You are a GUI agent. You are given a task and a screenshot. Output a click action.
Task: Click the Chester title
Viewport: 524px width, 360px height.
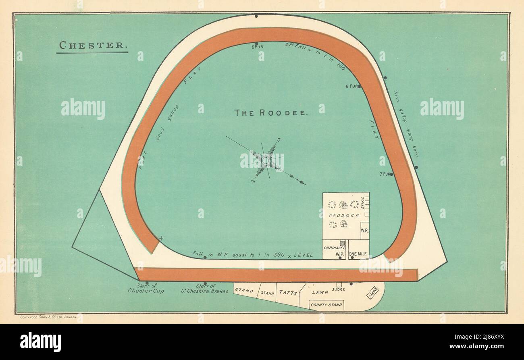pyautogui.click(x=92, y=45)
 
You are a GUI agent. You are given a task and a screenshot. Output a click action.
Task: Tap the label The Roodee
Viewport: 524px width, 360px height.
pyautogui.click(x=272, y=113)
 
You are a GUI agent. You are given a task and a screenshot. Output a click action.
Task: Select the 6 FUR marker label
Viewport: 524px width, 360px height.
pyautogui.click(x=351, y=86)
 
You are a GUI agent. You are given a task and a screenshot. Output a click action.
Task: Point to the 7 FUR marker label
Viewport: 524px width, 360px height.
pyautogui.click(x=385, y=174)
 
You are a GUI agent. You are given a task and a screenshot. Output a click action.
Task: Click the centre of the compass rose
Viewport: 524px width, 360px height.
pyautogui.click(x=265, y=160)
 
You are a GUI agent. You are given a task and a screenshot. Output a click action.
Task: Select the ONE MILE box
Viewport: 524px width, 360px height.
pyautogui.click(x=358, y=254)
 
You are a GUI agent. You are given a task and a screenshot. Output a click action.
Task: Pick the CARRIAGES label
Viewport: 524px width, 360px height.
pyautogui.click(x=334, y=247)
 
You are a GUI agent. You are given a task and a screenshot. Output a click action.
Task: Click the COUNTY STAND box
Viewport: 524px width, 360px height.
pyautogui.click(x=326, y=305)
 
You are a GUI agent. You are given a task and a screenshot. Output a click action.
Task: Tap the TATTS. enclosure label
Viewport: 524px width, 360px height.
pyautogui.click(x=287, y=293)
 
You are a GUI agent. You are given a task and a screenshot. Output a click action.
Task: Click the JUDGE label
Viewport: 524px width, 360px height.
pyautogui.click(x=338, y=289)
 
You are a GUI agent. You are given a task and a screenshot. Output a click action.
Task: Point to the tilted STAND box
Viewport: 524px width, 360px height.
pyautogui.click(x=372, y=292)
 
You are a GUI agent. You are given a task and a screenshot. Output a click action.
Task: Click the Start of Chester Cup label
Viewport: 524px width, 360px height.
pyautogui.click(x=146, y=288)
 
